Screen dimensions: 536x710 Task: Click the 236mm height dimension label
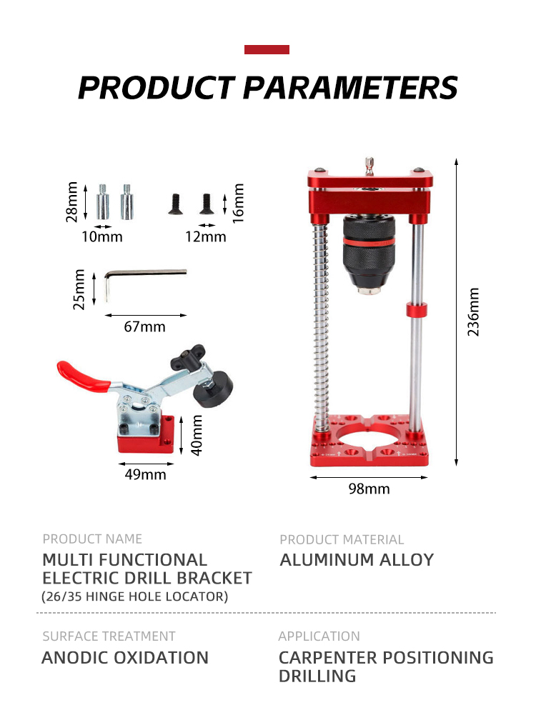473,311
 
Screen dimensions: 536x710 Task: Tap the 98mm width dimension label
369,489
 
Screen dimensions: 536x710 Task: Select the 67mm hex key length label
144,326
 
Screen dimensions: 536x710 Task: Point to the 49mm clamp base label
146,474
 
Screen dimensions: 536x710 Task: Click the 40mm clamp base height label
197,435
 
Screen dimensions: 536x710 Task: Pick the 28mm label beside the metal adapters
71,202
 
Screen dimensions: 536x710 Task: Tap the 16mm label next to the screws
238,204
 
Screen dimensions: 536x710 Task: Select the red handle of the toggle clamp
81,376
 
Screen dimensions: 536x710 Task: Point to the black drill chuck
369,254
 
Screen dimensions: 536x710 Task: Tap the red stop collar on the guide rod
417,310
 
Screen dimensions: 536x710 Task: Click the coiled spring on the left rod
321,326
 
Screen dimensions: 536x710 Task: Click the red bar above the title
267,50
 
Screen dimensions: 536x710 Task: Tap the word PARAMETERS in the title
350,87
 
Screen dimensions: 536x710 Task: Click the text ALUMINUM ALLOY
357,560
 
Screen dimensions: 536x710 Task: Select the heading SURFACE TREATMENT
109,636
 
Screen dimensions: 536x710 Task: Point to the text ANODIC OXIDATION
125,657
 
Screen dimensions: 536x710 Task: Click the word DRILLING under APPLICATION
317,676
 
